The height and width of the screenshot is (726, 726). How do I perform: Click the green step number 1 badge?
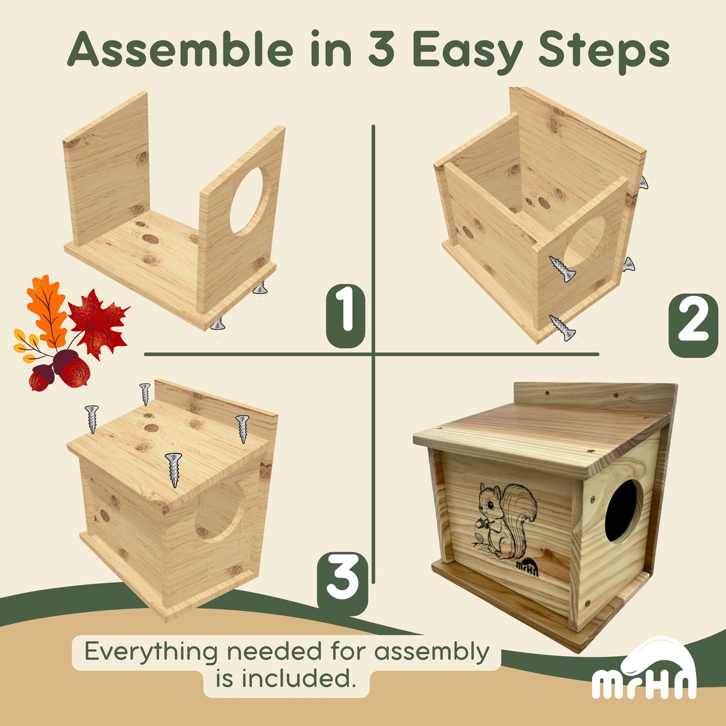point(346,316)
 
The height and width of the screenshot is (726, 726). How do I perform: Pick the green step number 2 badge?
point(693,325)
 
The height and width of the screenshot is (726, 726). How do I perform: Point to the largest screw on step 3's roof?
point(174,469)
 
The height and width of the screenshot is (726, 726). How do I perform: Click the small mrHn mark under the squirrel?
point(528,569)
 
